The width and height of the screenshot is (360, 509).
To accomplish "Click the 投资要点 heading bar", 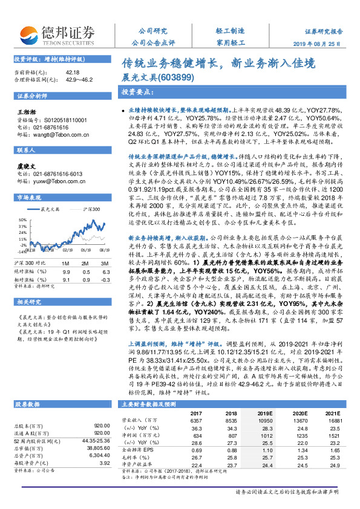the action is tap(136, 92).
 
